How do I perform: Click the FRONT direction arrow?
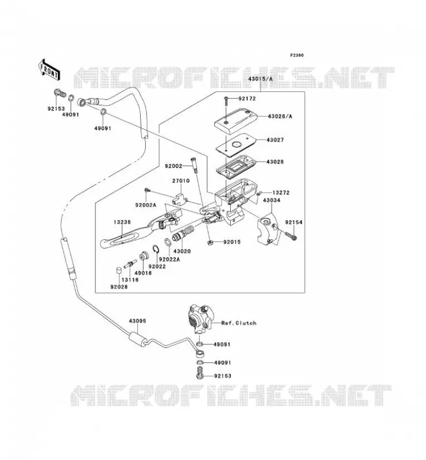click(x=49, y=70)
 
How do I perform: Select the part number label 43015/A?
click(x=260, y=79)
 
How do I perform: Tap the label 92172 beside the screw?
click(x=247, y=98)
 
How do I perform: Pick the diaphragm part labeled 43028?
click(x=236, y=166)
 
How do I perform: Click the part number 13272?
click(x=281, y=193)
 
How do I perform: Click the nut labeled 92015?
click(x=210, y=242)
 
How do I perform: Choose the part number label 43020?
click(x=182, y=251)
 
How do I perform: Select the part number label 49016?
click(x=143, y=273)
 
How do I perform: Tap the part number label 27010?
click(x=181, y=181)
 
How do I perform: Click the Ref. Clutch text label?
click(x=239, y=323)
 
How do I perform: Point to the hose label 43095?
click(x=137, y=321)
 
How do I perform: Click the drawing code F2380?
click(x=297, y=55)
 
